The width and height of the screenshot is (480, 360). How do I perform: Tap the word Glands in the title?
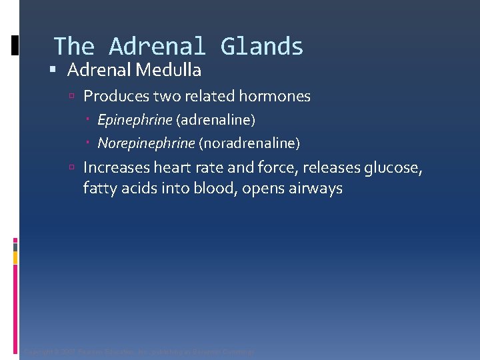tap(262, 47)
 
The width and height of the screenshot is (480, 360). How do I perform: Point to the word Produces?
tap(116, 97)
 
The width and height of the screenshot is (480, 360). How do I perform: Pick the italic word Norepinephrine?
tap(146, 143)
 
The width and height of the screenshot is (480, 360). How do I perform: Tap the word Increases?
tap(117, 167)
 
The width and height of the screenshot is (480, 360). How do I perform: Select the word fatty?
tap(100, 189)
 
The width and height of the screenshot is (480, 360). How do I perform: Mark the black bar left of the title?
tap(15, 45)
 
